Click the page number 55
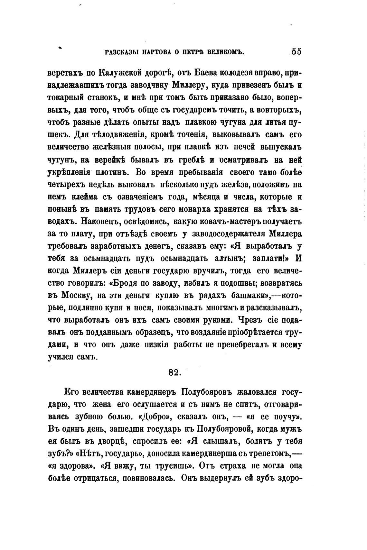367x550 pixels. click(296, 52)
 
